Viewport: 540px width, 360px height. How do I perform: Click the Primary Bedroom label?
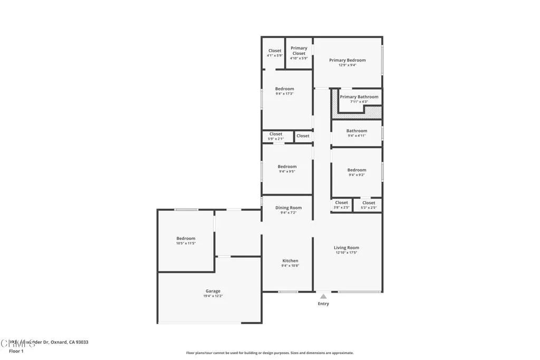(x=347, y=60)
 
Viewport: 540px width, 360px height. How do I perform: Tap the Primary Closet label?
(x=298, y=51)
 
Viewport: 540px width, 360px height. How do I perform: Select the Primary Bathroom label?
(x=359, y=97)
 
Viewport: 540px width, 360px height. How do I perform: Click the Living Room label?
(x=346, y=248)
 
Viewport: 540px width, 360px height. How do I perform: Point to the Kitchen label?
(x=290, y=261)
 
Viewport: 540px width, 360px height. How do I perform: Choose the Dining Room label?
(x=288, y=208)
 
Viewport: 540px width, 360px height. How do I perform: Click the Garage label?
(x=213, y=291)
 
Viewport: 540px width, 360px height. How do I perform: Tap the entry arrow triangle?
(x=323, y=297)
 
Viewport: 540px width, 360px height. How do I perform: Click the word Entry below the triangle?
(x=323, y=304)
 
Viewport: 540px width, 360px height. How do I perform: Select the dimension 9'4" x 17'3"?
(x=284, y=93)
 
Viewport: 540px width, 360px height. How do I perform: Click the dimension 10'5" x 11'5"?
(x=186, y=243)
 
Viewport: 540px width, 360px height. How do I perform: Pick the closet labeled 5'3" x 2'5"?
(x=369, y=205)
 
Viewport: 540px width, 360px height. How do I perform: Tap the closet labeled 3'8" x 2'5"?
(x=341, y=205)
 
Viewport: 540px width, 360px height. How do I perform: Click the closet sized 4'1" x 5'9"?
(x=275, y=53)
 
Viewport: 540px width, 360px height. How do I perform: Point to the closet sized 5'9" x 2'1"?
(x=276, y=136)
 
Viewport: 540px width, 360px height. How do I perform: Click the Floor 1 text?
(x=17, y=351)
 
